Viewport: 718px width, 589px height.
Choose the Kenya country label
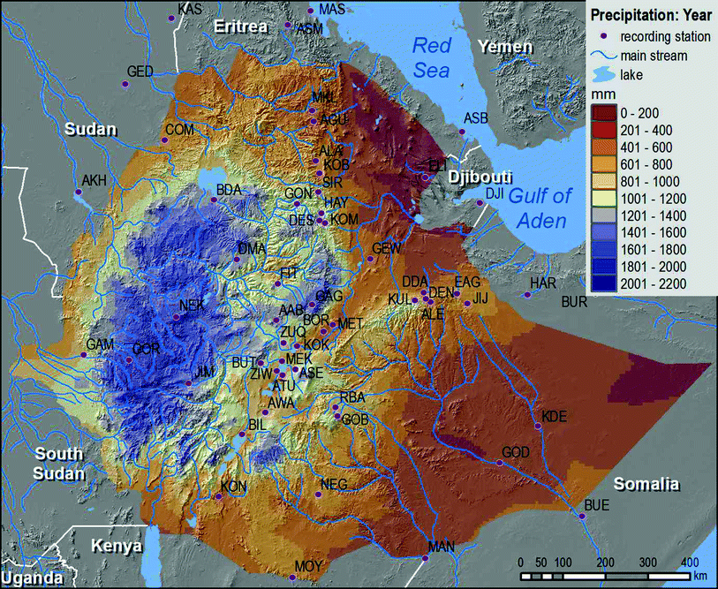[x=117, y=546]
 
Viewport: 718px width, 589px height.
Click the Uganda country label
[x=31, y=578]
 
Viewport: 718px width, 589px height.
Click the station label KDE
[x=555, y=417]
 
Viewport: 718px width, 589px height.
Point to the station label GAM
[x=99, y=344]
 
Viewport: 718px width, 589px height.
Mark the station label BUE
[x=597, y=505]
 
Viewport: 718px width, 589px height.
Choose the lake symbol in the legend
[x=602, y=75]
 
